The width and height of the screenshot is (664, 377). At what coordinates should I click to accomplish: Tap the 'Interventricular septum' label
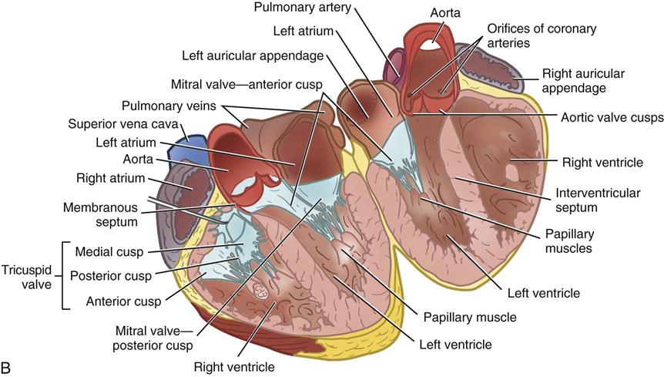point(590,199)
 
